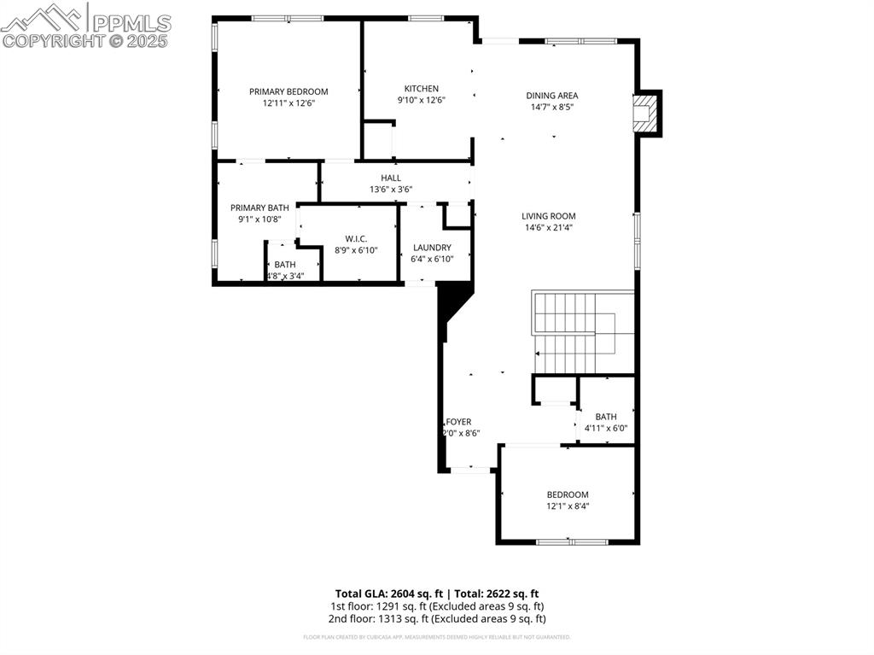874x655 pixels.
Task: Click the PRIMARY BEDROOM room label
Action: [288, 91]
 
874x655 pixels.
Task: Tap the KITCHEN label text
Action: [421, 89]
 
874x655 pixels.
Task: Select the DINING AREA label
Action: [551, 96]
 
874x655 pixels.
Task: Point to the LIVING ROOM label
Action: [549, 217]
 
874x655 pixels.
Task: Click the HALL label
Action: [391, 178]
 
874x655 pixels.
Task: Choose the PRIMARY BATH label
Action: [259, 208]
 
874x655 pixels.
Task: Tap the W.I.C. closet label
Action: [356, 238]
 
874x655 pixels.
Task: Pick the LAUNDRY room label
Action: [431, 248]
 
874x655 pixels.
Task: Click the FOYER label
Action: [459, 422]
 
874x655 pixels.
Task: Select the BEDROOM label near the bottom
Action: [568, 494]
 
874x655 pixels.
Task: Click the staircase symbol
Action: [582, 332]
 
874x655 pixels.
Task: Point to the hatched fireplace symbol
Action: [646, 114]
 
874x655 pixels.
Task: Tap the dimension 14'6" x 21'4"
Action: [549, 228]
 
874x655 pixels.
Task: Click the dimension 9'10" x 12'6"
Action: [421, 100]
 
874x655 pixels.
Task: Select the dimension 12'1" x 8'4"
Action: [568, 506]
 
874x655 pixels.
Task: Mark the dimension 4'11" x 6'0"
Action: [606, 428]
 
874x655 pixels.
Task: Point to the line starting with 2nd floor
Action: [437, 618]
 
